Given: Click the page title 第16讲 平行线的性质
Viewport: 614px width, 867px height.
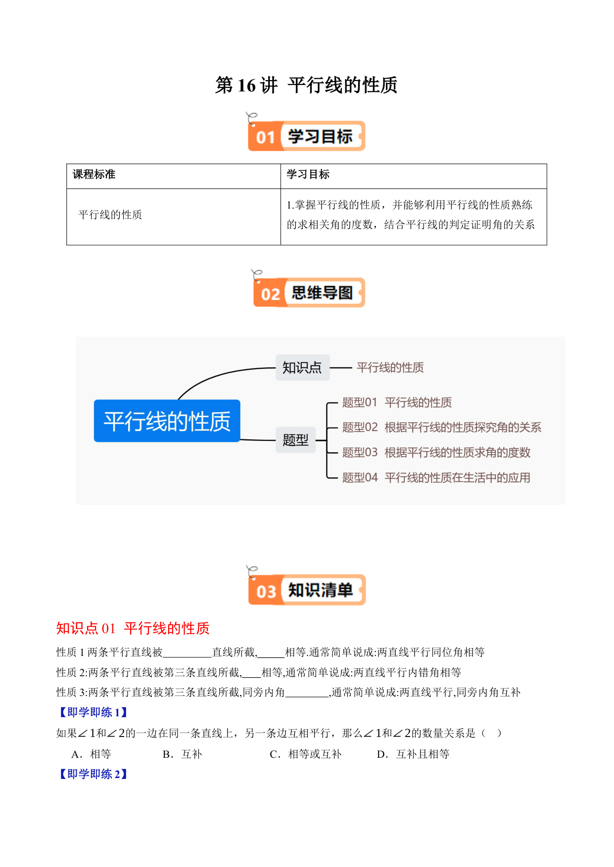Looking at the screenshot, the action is tap(306, 85).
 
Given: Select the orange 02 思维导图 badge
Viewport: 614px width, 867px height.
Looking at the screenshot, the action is tap(309, 292).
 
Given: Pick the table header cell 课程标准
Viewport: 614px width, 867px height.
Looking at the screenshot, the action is tap(94, 174).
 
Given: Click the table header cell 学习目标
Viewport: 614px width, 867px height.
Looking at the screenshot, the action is tap(308, 174).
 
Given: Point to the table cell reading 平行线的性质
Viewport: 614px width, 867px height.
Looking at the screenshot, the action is tap(110, 215).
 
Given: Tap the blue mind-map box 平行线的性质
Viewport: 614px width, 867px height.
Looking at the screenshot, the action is tap(167, 421).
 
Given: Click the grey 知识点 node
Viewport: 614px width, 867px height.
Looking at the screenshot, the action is tap(302, 367).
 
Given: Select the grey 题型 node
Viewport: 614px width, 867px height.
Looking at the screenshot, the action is tap(296, 439).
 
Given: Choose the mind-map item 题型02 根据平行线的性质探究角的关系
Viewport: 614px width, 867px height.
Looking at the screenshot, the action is tap(442, 427).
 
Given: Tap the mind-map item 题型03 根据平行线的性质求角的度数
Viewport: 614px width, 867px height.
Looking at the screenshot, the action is tap(436, 452).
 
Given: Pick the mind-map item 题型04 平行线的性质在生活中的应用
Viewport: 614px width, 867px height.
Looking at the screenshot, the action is tap(436, 477).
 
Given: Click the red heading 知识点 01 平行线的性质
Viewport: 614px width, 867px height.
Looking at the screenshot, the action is tap(133, 628).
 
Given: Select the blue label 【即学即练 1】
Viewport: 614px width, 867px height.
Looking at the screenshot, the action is tap(94, 712).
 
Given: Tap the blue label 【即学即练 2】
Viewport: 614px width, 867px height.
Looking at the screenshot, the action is tap(94, 774).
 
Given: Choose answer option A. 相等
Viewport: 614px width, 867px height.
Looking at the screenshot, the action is tap(92, 754).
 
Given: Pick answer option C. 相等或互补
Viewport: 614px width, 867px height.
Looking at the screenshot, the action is tap(306, 754).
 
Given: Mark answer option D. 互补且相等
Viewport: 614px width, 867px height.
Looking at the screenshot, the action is tap(413, 754).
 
